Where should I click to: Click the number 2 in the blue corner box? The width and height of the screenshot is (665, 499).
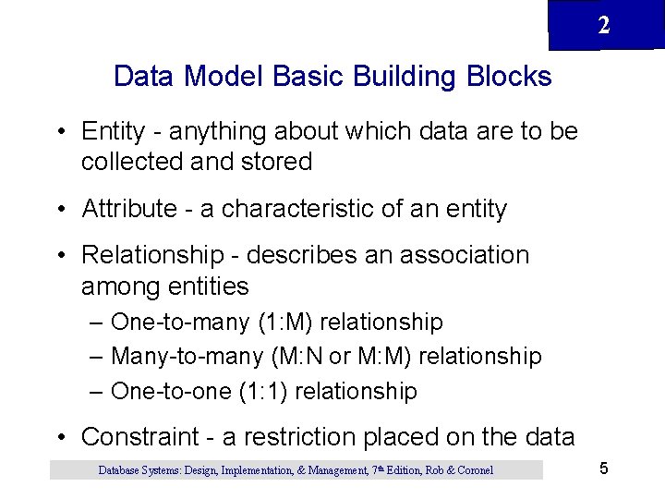click(603, 26)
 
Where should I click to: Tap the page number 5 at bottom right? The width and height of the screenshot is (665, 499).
click(603, 469)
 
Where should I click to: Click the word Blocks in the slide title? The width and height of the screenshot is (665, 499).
click(509, 76)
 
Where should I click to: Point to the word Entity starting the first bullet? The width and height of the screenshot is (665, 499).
click(108, 131)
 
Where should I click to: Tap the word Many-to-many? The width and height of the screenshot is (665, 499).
click(185, 356)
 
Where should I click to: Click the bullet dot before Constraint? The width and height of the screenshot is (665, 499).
click(61, 436)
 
